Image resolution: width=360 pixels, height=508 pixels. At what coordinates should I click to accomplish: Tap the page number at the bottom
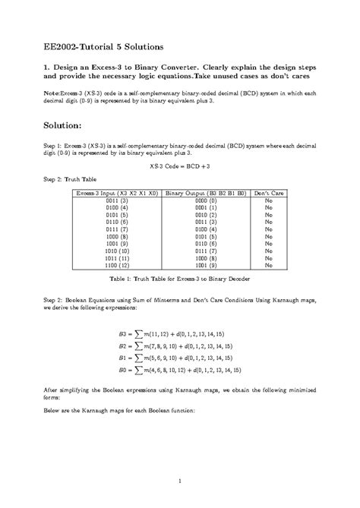tap(180, 481)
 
